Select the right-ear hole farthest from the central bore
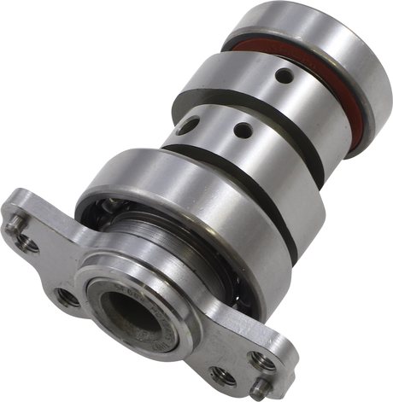click(265, 362)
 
